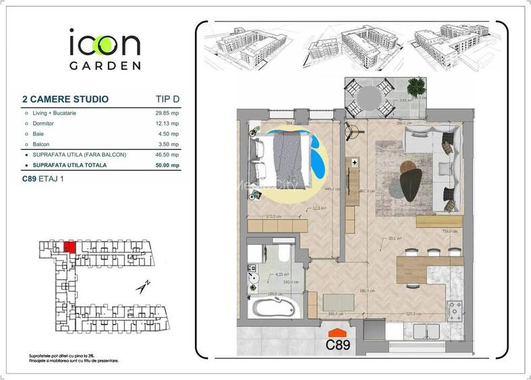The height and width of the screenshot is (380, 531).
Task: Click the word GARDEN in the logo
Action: click(x=105, y=66)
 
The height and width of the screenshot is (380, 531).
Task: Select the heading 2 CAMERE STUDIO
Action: click(x=65, y=99)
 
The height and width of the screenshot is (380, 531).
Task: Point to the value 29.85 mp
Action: click(x=167, y=113)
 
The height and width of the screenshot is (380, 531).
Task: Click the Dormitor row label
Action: click(x=43, y=124)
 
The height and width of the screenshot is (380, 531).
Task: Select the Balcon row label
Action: click(x=40, y=144)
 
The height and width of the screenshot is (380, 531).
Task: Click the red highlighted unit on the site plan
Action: click(x=69, y=246)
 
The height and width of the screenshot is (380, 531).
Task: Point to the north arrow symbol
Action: click(x=143, y=286)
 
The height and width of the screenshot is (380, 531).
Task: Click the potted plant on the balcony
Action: click(x=417, y=88)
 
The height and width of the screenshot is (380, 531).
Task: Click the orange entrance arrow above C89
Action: click(x=337, y=332)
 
